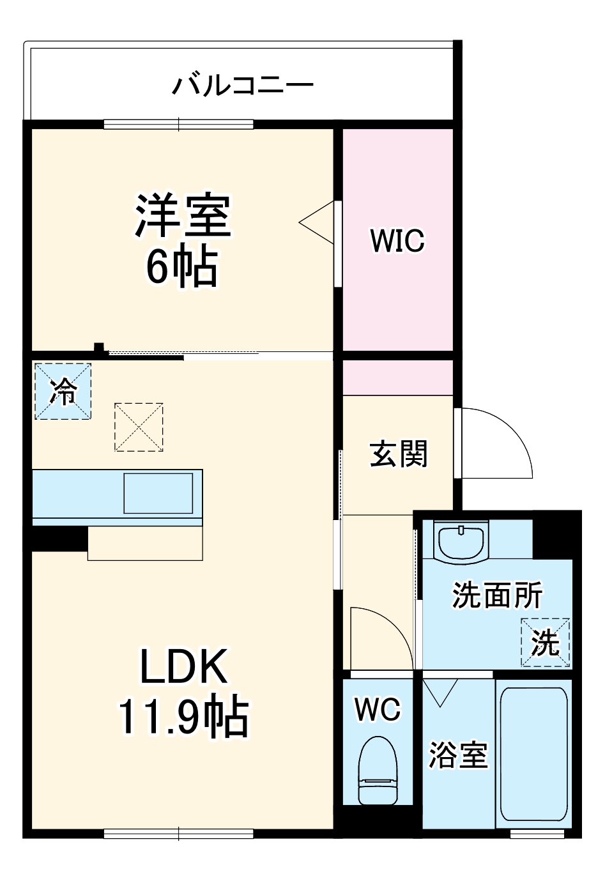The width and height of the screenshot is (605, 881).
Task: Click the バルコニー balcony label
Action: click(243, 85)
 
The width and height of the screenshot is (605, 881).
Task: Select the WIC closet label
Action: click(397, 241)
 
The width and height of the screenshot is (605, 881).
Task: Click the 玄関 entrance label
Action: click(399, 454)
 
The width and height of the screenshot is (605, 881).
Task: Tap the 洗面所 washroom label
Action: click(497, 595)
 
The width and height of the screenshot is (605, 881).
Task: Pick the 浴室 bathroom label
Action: click(458, 755)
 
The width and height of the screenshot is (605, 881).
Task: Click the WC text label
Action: click(378, 709)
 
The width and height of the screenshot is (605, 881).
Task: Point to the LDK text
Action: click(184, 667)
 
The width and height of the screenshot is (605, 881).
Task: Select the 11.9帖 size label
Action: click(183, 717)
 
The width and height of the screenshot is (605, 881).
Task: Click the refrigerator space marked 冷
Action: click(63, 391)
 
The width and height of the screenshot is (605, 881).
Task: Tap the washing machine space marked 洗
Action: click(545, 642)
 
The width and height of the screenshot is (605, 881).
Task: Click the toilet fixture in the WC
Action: click(378, 770)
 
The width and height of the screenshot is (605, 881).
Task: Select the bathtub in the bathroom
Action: click(533, 754)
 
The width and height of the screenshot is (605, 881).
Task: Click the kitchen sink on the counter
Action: click(158, 493)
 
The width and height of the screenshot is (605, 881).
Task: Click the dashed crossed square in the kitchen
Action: click(139, 427)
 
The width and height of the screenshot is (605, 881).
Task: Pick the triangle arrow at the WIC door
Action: click(318, 223)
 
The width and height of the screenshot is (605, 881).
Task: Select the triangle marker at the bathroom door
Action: click(440, 693)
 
